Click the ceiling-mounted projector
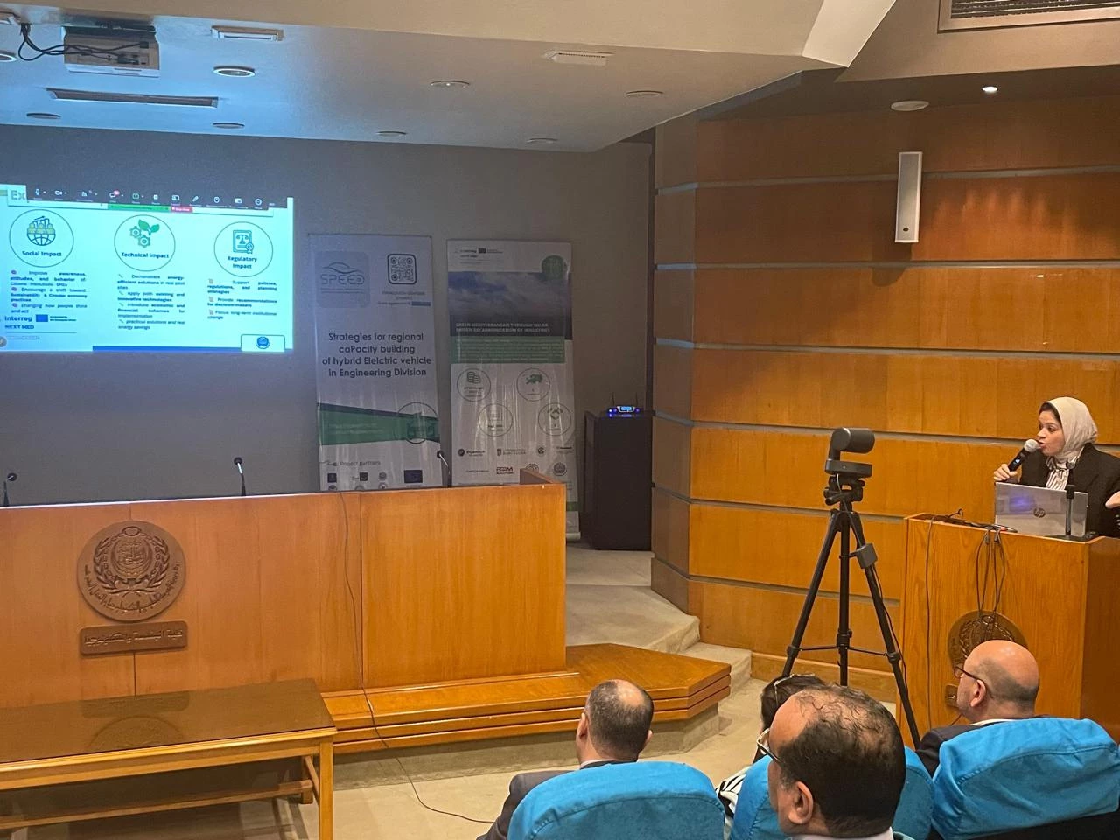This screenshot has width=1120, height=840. point(110,47)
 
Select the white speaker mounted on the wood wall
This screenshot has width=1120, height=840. point(908,197)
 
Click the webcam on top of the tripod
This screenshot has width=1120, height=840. point(850,441)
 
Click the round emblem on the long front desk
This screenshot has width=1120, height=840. point(131,569)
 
